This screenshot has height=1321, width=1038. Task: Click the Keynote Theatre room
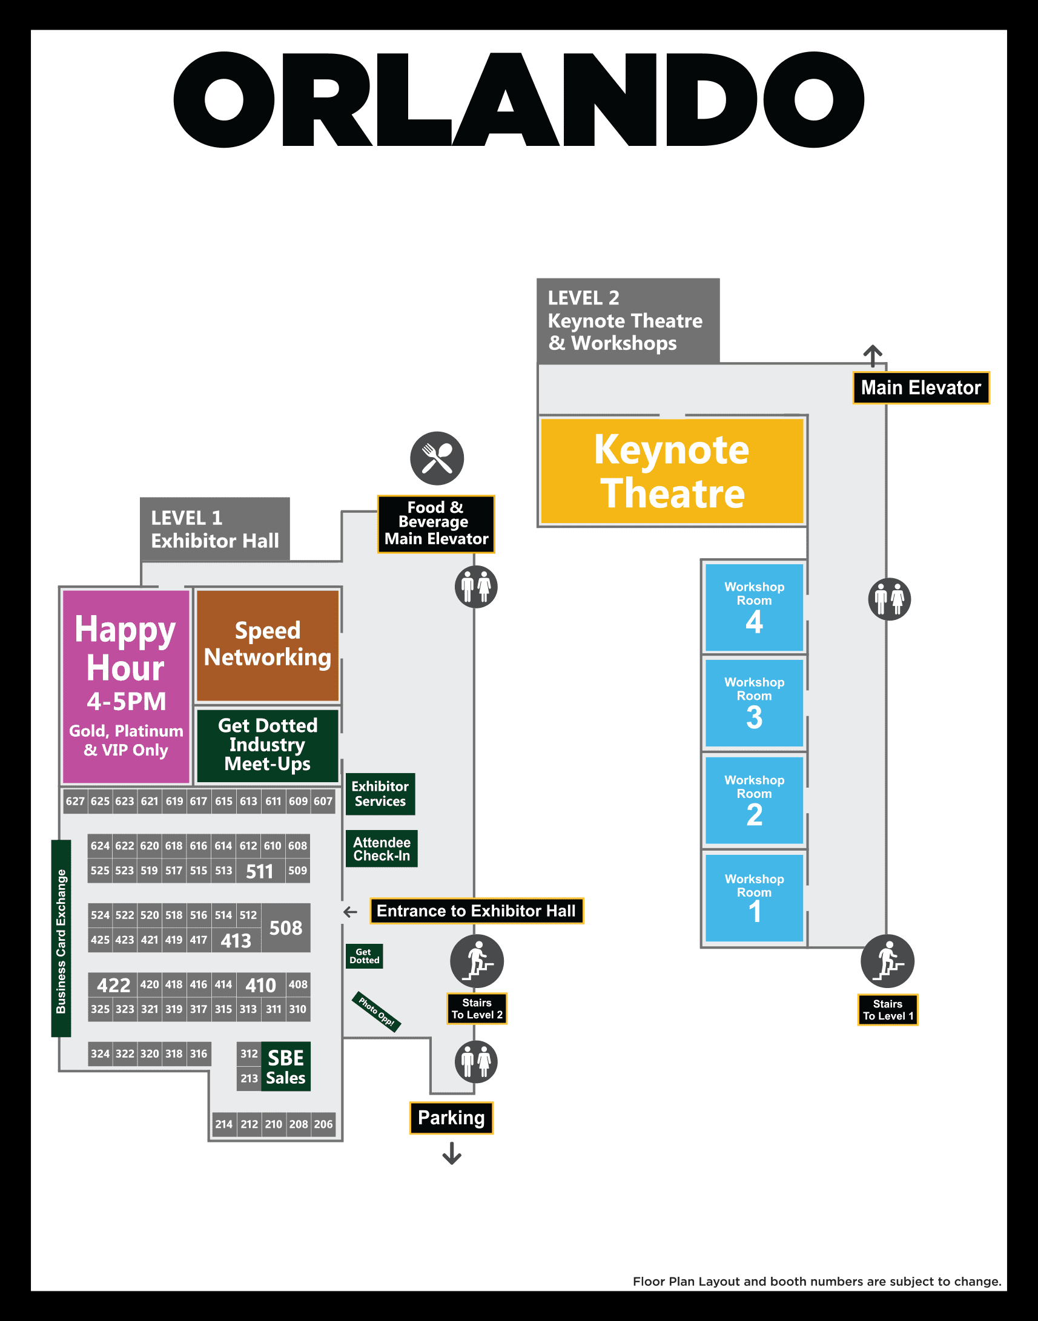[672, 471]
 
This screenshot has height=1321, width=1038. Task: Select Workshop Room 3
[754, 702]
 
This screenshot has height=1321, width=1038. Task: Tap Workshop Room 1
[754, 898]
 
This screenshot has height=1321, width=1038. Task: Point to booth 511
[259, 871]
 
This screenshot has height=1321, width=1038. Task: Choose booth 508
[286, 927]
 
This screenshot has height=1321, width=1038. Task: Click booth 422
[113, 984]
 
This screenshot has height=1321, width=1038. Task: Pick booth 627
[75, 801]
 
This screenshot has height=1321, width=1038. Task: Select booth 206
[323, 1124]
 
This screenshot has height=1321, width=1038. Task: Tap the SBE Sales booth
[286, 1067]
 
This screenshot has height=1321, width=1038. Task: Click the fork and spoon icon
[437, 458]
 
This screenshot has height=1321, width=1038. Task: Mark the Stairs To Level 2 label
[477, 1009]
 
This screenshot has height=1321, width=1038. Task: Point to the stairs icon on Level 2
[887, 961]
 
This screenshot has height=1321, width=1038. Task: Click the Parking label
[451, 1118]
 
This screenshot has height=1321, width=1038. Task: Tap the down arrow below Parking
[452, 1153]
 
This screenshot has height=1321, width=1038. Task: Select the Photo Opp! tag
[376, 1012]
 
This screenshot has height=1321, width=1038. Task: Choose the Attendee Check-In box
[382, 849]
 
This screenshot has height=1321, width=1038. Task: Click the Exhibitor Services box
[380, 794]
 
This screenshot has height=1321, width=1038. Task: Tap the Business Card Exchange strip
[61, 939]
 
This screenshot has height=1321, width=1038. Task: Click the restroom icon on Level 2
[889, 599]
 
